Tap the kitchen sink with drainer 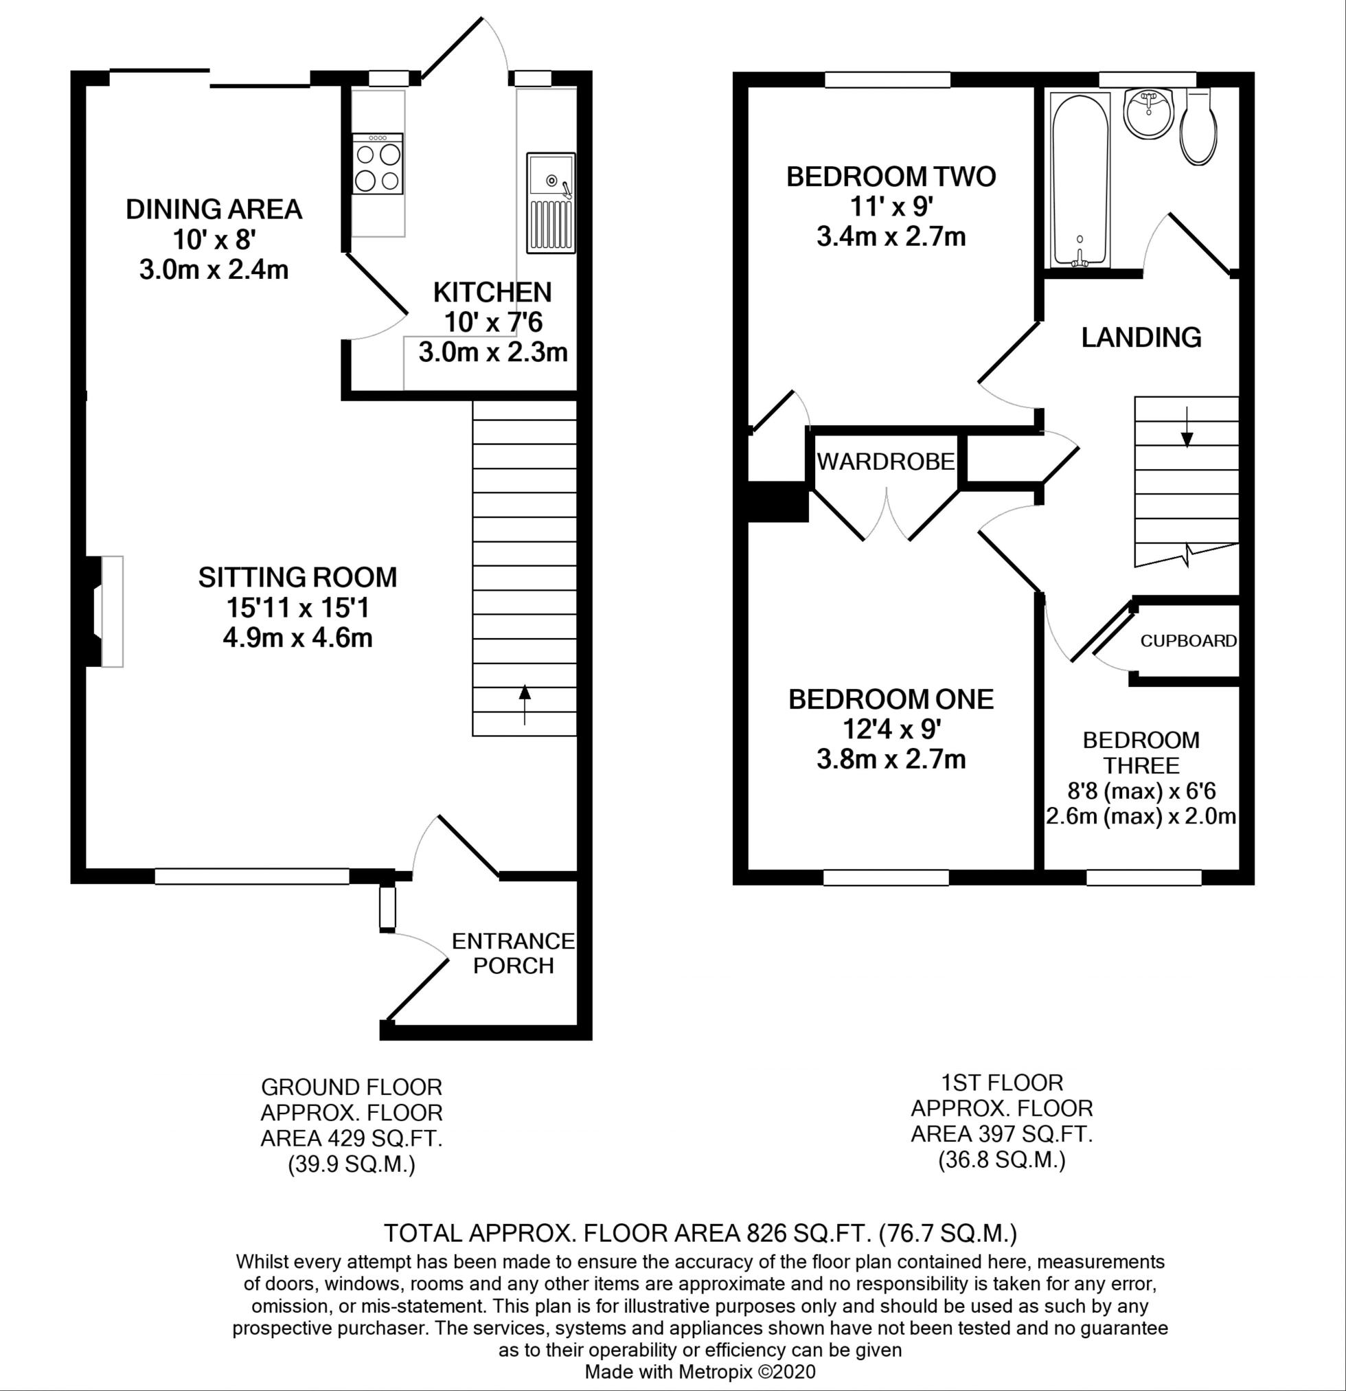pos(551,203)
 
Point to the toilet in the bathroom pos(1199,128)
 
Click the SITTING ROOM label pos(297,578)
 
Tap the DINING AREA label pos(214,210)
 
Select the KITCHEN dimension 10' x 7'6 pos(492,323)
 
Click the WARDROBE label pos(885,462)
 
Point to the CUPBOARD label pos(1189,641)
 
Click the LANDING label pos(1141,337)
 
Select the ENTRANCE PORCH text pos(513,953)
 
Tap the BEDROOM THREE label pos(1141,753)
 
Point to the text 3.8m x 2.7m pos(891,759)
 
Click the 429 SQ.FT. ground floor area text pos(351,1139)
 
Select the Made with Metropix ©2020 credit pos(700,1372)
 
